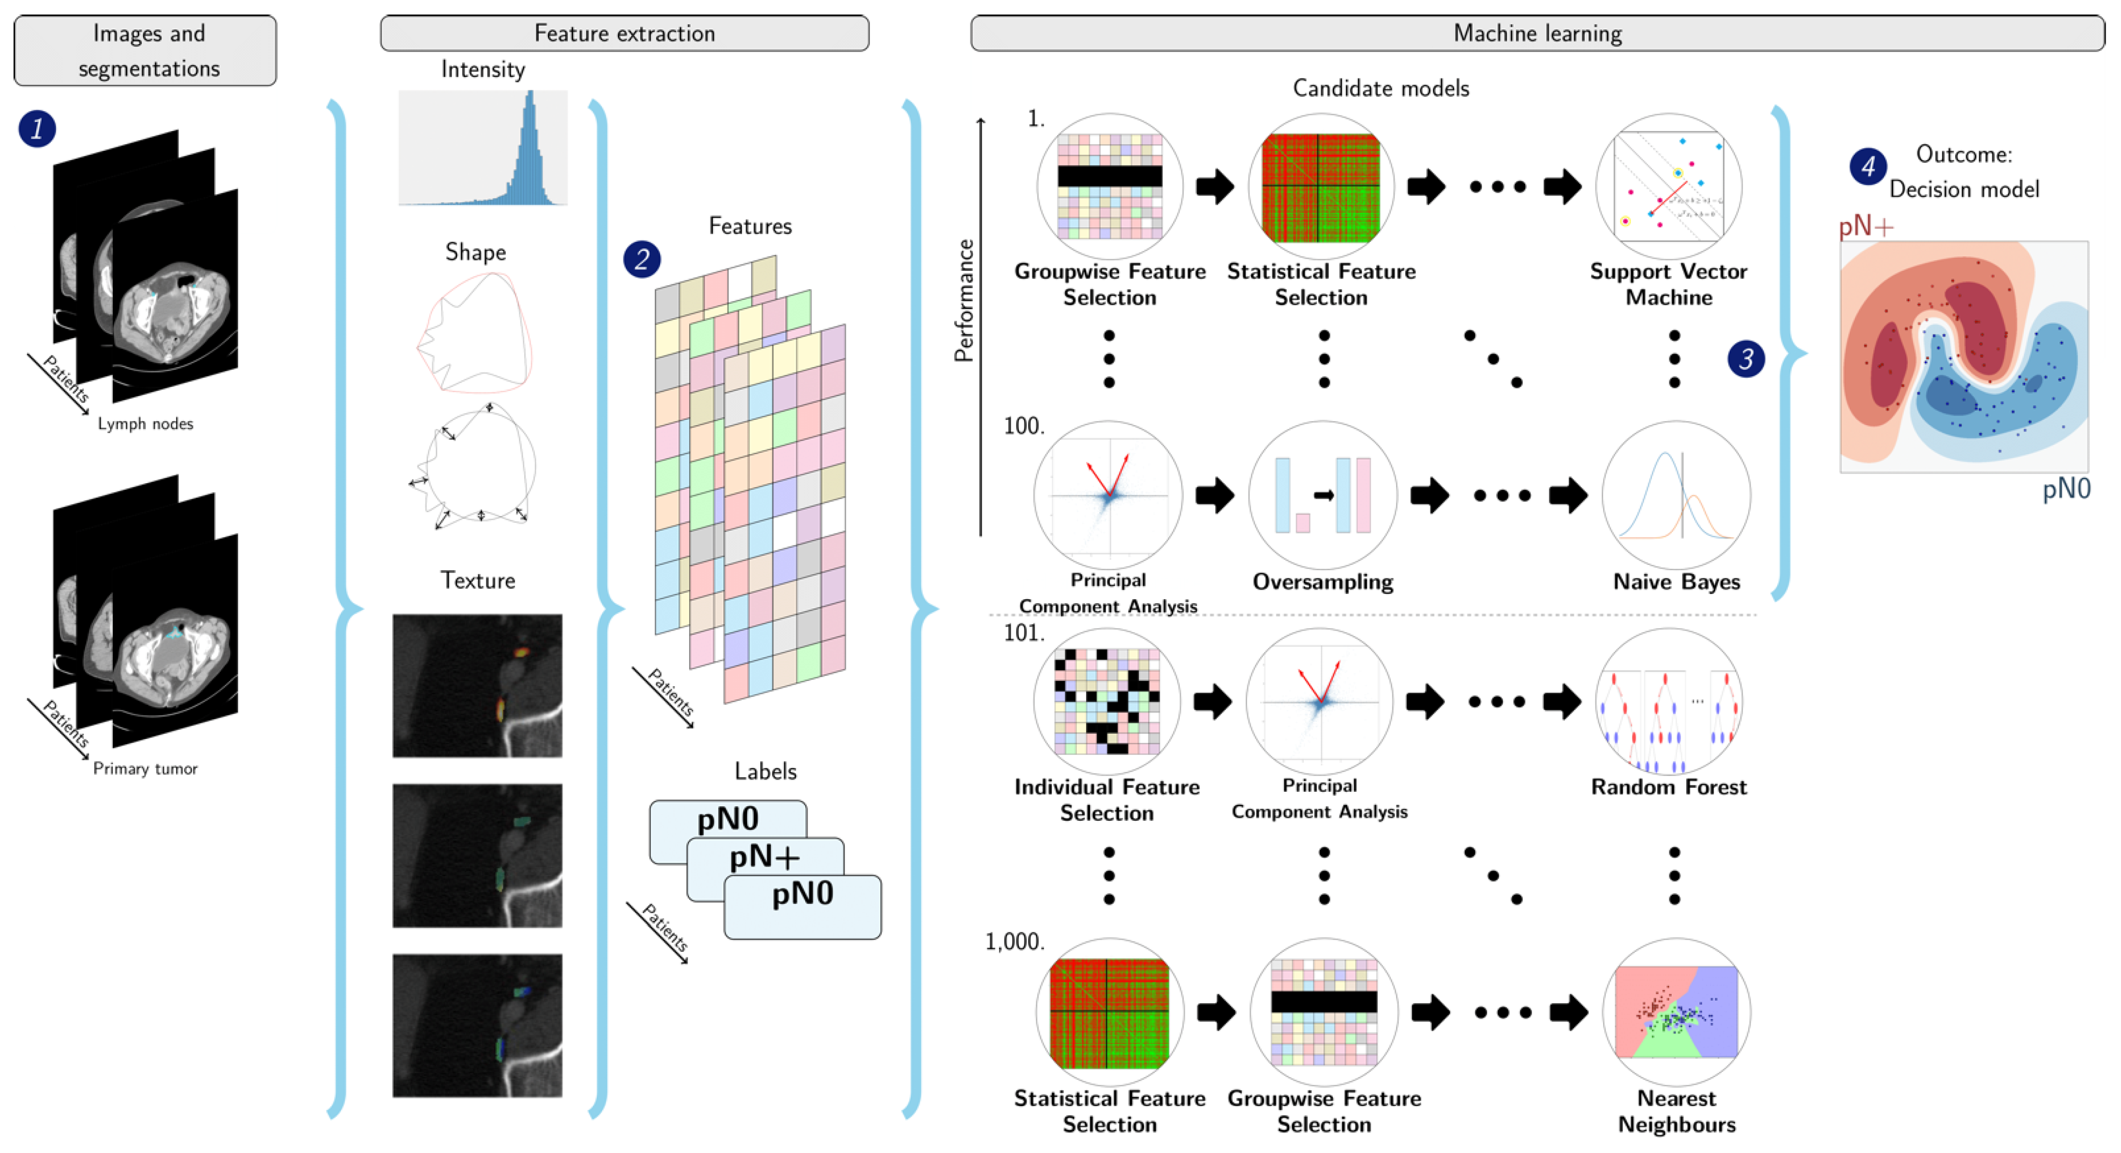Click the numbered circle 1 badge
pyautogui.click(x=37, y=129)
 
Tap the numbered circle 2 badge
pyautogui.click(x=641, y=259)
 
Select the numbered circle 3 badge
pyautogui.click(x=1746, y=359)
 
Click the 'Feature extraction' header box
pyautogui.click(x=624, y=33)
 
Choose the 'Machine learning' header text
pyautogui.click(x=1537, y=33)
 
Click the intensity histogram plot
pyautogui.click(x=483, y=148)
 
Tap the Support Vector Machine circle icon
pyautogui.click(x=1668, y=186)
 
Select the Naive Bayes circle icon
pyautogui.click(x=1676, y=495)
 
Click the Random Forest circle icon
pyautogui.click(x=1668, y=702)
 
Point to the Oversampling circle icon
pyautogui.click(x=1322, y=495)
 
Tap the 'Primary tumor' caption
pyautogui.click(x=146, y=769)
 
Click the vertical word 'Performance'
pyautogui.click(x=963, y=301)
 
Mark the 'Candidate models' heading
pyautogui.click(x=1381, y=88)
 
